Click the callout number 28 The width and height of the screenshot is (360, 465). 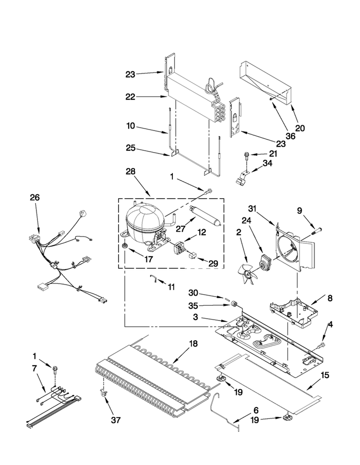pyautogui.click(x=130, y=171)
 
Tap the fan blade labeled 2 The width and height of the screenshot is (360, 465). pyautogui.click(x=248, y=274)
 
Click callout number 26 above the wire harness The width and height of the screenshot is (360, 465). pyautogui.click(x=35, y=197)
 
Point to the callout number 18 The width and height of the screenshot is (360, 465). pyautogui.click(x=193, y=344)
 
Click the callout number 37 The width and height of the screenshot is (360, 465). pyautogui.click(x=116, y=420)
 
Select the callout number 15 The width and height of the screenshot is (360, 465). pyautogui.click(x=325, y=375)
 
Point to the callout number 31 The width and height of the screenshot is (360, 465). pyautogui.click(x=252, y=209)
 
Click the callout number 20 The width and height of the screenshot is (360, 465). pyautogui.click(x=300, y=128)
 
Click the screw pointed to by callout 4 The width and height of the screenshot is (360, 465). pyautogui.click(x=320, y=346)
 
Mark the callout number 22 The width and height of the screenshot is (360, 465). pyautogui.click(x=130, y=96)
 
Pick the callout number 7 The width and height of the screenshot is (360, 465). pyautogui.click(x=35, y=369)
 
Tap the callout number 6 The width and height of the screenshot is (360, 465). pyautogui.click(x=256, y=410)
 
